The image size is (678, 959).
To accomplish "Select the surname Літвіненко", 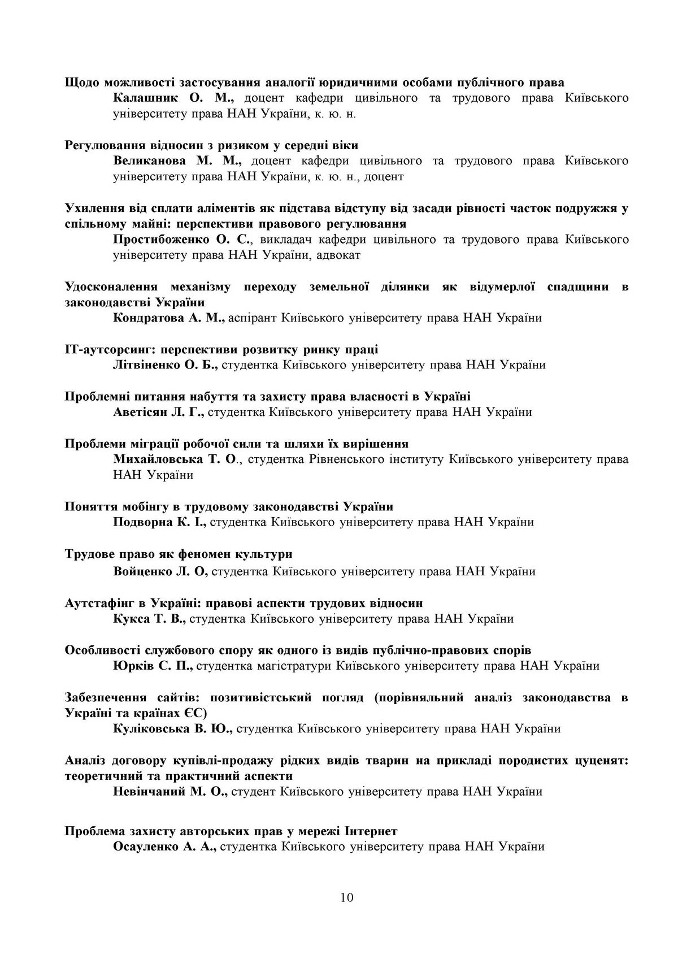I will (x=146, y=365).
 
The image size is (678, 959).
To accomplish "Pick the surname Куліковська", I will (x=151, y=729).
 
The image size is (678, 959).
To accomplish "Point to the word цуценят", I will (x=598, y=761).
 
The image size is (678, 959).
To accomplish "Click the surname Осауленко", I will (x=145, y=847).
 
